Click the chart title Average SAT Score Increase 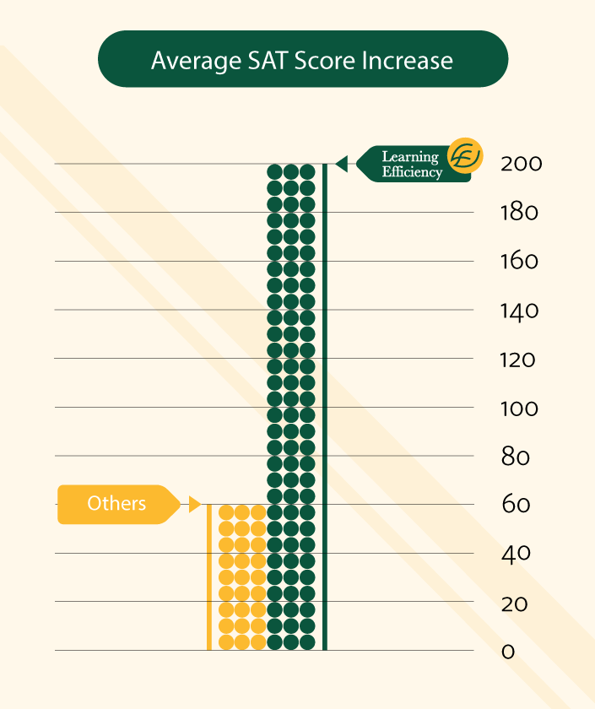(x=302, y=61)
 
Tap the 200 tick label (x=521, y=164)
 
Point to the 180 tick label (x=519, y=213)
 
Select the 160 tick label (x=519, y=262)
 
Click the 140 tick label (x=519, y=311)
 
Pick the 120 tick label (x=518, y=360)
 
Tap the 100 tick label (x=519, y=409)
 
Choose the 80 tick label (x=515, y=457)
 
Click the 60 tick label (x=515, y=505)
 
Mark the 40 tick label (x=515, y=554)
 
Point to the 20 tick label (x=514, y=603)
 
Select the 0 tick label (x=507, y=652)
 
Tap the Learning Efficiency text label (x=411, y=165)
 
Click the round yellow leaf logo (x=465, y=156)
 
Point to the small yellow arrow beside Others (x=194, y=505)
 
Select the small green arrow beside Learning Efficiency (x=341, y=164)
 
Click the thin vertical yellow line (x=208, y=577)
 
